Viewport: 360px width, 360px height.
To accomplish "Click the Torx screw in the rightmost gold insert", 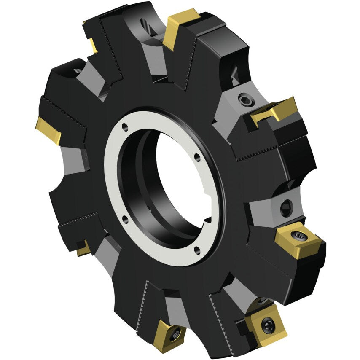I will click(x=299, y=235).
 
